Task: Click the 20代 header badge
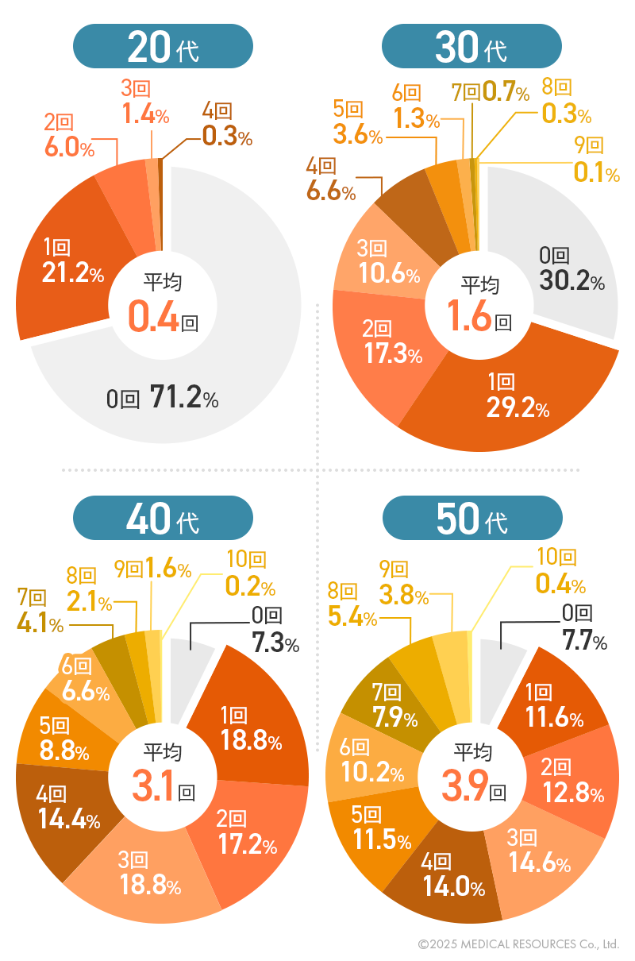[x=163, y=46]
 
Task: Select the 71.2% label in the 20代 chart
[x=183, y=399]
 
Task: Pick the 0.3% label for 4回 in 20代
[x=227, y=136]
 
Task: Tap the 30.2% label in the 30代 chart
[x=571, y=280]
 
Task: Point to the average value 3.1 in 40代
[x=153, y=788]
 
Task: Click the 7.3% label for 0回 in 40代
[x=275, y=642]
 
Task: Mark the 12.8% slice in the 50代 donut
[x=576, y=782]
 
